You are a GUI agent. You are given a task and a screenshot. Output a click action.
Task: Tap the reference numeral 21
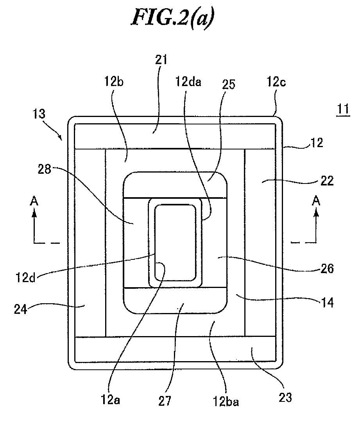161,59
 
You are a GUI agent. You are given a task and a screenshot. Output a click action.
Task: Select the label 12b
114,81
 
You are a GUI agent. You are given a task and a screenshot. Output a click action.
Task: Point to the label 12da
188,81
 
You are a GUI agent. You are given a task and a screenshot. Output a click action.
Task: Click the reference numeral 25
229,84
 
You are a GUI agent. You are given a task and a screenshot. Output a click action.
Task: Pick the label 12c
276,81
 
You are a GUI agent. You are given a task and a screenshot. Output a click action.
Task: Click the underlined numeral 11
343,109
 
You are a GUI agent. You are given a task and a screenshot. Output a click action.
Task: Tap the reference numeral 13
39,114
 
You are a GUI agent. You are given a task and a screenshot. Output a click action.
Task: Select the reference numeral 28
45,169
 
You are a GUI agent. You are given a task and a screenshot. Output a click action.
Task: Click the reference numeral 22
327,181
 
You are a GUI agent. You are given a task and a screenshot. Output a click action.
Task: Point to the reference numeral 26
327,268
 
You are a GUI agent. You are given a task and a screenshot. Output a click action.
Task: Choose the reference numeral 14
327,303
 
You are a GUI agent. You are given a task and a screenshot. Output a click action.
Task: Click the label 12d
25,277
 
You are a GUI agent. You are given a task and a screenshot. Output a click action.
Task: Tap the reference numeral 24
21,309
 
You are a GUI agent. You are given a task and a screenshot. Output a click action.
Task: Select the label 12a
111,399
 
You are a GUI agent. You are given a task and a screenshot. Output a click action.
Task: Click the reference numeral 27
165,401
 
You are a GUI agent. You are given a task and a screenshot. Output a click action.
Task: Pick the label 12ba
226,401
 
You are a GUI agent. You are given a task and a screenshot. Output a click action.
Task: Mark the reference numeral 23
285,397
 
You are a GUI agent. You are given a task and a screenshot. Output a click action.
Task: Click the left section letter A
34,201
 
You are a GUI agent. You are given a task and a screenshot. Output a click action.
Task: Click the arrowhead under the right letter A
316,214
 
